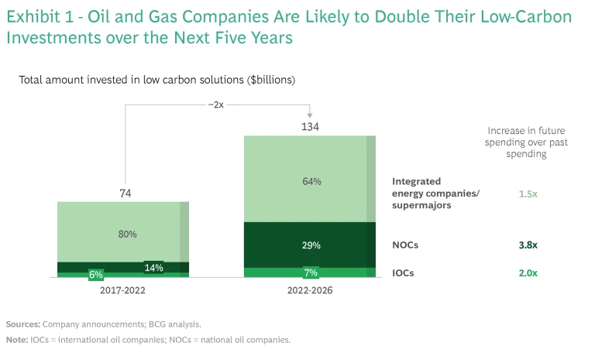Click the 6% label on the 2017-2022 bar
(x=97, y=274)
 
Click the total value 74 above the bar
(x=126, y=192)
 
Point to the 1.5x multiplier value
(x=528, y=194)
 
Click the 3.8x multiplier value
(x=528, y=245)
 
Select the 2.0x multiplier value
(x=528, y=273)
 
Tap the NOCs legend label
(x=406, y=245)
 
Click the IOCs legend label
(x=404, y=273)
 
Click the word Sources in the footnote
(x=22, y=324)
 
